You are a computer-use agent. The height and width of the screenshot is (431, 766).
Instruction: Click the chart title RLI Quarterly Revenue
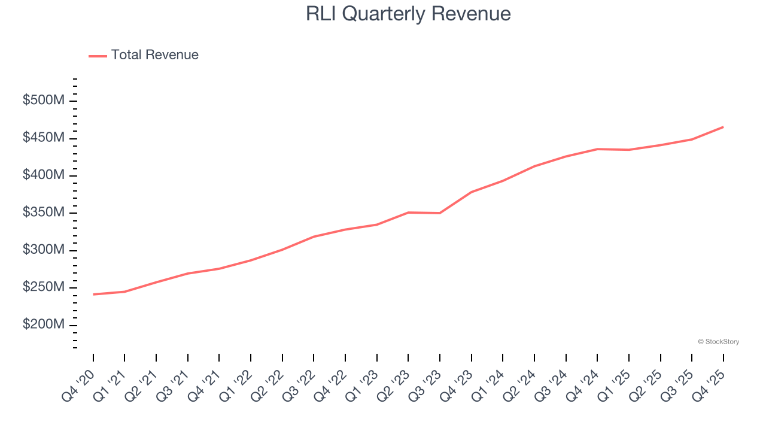pos(408,14)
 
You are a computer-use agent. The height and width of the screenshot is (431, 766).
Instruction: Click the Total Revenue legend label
pos(154,55)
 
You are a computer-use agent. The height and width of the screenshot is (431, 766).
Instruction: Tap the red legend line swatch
pos(98,56)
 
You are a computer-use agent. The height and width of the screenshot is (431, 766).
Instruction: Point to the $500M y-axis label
pos(44,101)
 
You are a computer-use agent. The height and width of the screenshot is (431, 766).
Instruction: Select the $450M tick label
pos(44,138)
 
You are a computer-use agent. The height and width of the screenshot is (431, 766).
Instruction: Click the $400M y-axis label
pos(44,175)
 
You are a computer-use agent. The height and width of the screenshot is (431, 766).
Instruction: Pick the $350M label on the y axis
pos(44,213)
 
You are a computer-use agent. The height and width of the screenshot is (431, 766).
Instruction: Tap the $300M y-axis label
pos(44,250)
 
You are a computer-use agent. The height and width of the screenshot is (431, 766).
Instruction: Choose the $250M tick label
pos(44,287)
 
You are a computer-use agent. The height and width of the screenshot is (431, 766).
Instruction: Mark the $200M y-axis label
pos(44,325)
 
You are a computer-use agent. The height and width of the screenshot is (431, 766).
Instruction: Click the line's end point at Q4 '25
pos(723,127)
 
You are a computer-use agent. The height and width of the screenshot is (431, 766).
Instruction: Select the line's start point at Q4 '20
pos(93,295)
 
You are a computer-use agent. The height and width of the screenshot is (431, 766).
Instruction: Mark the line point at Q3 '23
pos(440,213)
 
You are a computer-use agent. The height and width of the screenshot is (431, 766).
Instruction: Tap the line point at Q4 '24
pos(597,149)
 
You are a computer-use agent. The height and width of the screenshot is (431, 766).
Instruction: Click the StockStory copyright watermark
pos(718,342)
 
